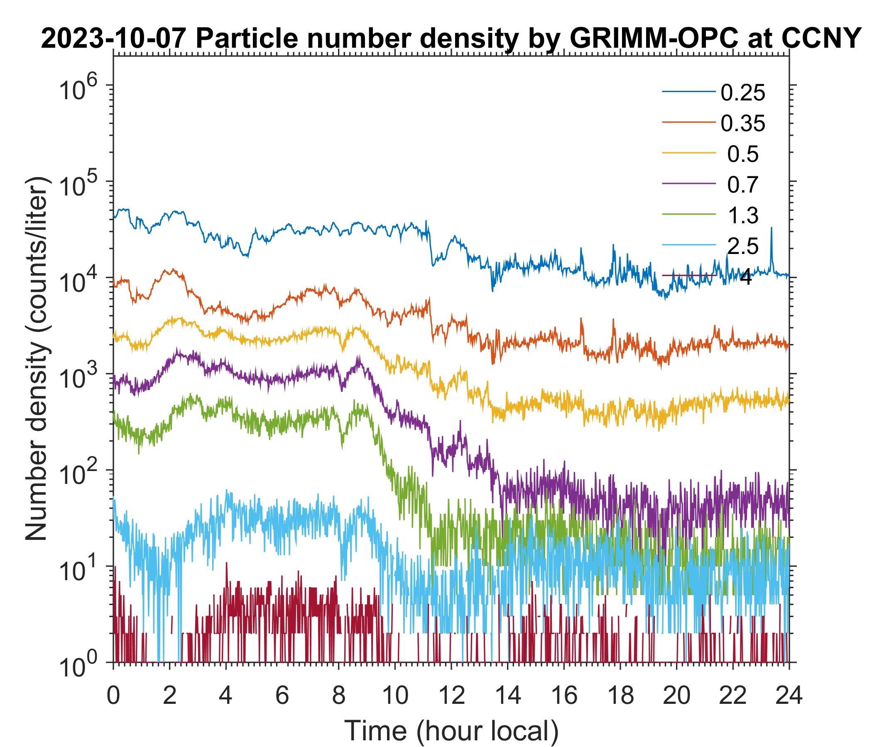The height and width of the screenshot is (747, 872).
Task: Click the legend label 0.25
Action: (x=742, y=93)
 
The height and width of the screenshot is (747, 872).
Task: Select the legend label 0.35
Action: (x=742, y=124)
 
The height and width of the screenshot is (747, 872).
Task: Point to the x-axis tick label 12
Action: (x=451, y=696)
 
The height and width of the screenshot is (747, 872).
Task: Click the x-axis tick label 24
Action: (x=789, y=696)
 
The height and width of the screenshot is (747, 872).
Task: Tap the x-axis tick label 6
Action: (x=282, y=696)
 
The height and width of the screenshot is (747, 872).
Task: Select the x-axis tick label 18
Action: (x=620, y=696)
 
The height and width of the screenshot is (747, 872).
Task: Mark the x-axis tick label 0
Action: (x=113, y=696)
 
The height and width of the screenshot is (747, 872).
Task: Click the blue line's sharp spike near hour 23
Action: (x=772, y=229)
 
